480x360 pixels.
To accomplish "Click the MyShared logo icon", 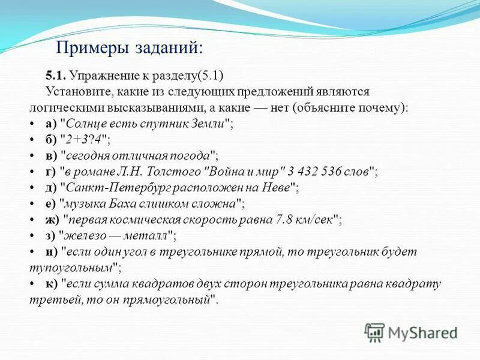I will click(374, 332).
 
